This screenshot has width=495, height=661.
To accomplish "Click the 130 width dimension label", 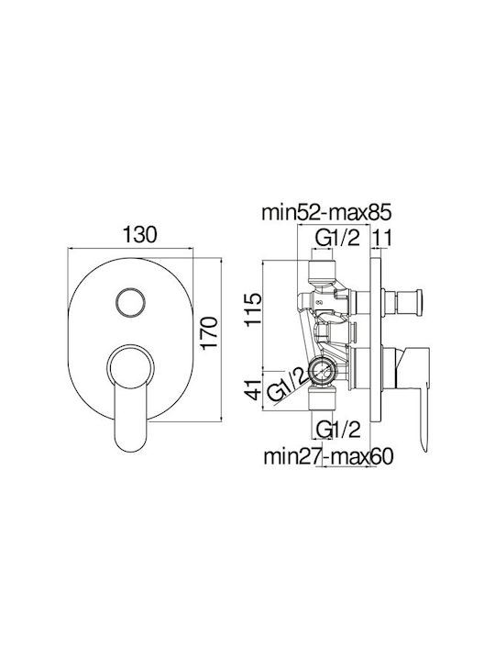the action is [x=139, y=234].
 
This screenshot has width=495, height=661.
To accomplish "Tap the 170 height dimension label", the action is [x=209, y=333].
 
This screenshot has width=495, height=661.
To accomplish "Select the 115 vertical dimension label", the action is [x=254, y=310].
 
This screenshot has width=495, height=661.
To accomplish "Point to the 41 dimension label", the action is [x=254, y=389].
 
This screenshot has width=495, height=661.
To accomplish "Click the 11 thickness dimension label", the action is [x=382, y=238].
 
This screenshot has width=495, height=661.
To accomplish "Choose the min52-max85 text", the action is [x=326, y=213].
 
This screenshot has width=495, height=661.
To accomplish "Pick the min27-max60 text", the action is [x=328, y=455].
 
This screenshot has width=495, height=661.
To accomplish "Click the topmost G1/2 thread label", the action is [x=338, y=238].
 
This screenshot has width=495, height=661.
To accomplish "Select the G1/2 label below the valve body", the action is [x=338, y=430].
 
